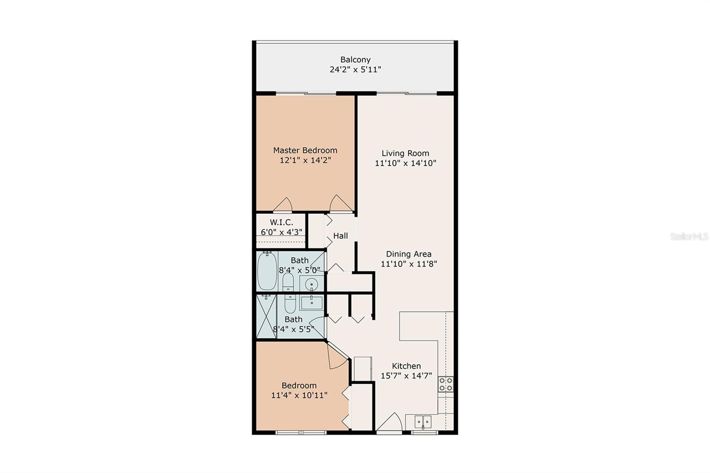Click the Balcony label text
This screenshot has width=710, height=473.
[355, 59]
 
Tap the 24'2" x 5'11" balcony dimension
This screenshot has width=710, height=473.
[355, 70]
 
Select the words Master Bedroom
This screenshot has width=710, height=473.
[305, 150]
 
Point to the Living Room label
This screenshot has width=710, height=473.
[405, 154]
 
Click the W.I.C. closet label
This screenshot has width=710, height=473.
[281, 222]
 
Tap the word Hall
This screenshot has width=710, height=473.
[340, 236]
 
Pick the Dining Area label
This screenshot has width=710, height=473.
[408, 254]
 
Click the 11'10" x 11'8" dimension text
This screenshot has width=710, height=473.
[409, 264]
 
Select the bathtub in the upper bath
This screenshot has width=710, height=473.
[267, 271]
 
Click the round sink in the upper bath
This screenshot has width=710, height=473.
[312, 284]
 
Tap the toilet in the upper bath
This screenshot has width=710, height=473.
[288, 282]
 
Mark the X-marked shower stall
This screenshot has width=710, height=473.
[266, 317]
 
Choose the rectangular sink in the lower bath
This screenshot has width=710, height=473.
[312, 303]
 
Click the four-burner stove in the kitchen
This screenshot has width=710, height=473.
[446, 384]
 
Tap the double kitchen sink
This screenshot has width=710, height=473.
[422, 422]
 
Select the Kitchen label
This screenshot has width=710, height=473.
[406, 366]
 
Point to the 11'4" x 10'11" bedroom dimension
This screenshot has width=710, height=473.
[299, 395]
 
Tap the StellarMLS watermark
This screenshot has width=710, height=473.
[689, 237]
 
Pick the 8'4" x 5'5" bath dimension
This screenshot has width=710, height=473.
[293, 329]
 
